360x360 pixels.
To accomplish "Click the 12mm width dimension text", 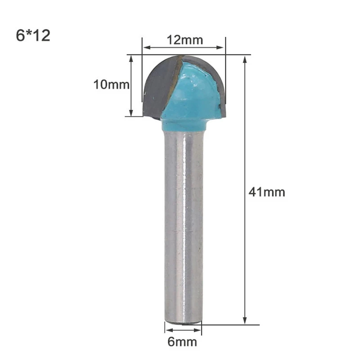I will point(185,40).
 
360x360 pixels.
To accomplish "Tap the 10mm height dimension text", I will point(111,84).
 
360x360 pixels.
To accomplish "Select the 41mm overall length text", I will point(267,192).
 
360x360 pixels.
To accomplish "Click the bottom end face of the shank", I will point(183,321).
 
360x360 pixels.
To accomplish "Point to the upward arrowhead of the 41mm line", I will point(245,58).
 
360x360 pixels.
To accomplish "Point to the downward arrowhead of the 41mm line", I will point(245,320).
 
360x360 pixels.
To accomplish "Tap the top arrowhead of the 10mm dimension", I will point(131,58).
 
